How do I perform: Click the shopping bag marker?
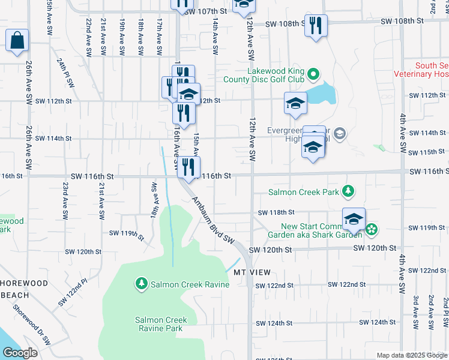(x=17, y=41)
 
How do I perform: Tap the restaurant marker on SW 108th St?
(x=316, y=26)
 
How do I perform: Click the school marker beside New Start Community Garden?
(x=354, y=220)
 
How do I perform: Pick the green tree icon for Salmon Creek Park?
(x=348, y=191)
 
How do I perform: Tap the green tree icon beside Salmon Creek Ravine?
(x=142, y=283)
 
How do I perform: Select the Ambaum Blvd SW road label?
(x=212, y=219)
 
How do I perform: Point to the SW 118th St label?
(x=276, y=212)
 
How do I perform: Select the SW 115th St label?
(x=427, y=152)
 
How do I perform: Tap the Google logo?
(x=20, y=353)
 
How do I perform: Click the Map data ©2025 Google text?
(x=412, y=355)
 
